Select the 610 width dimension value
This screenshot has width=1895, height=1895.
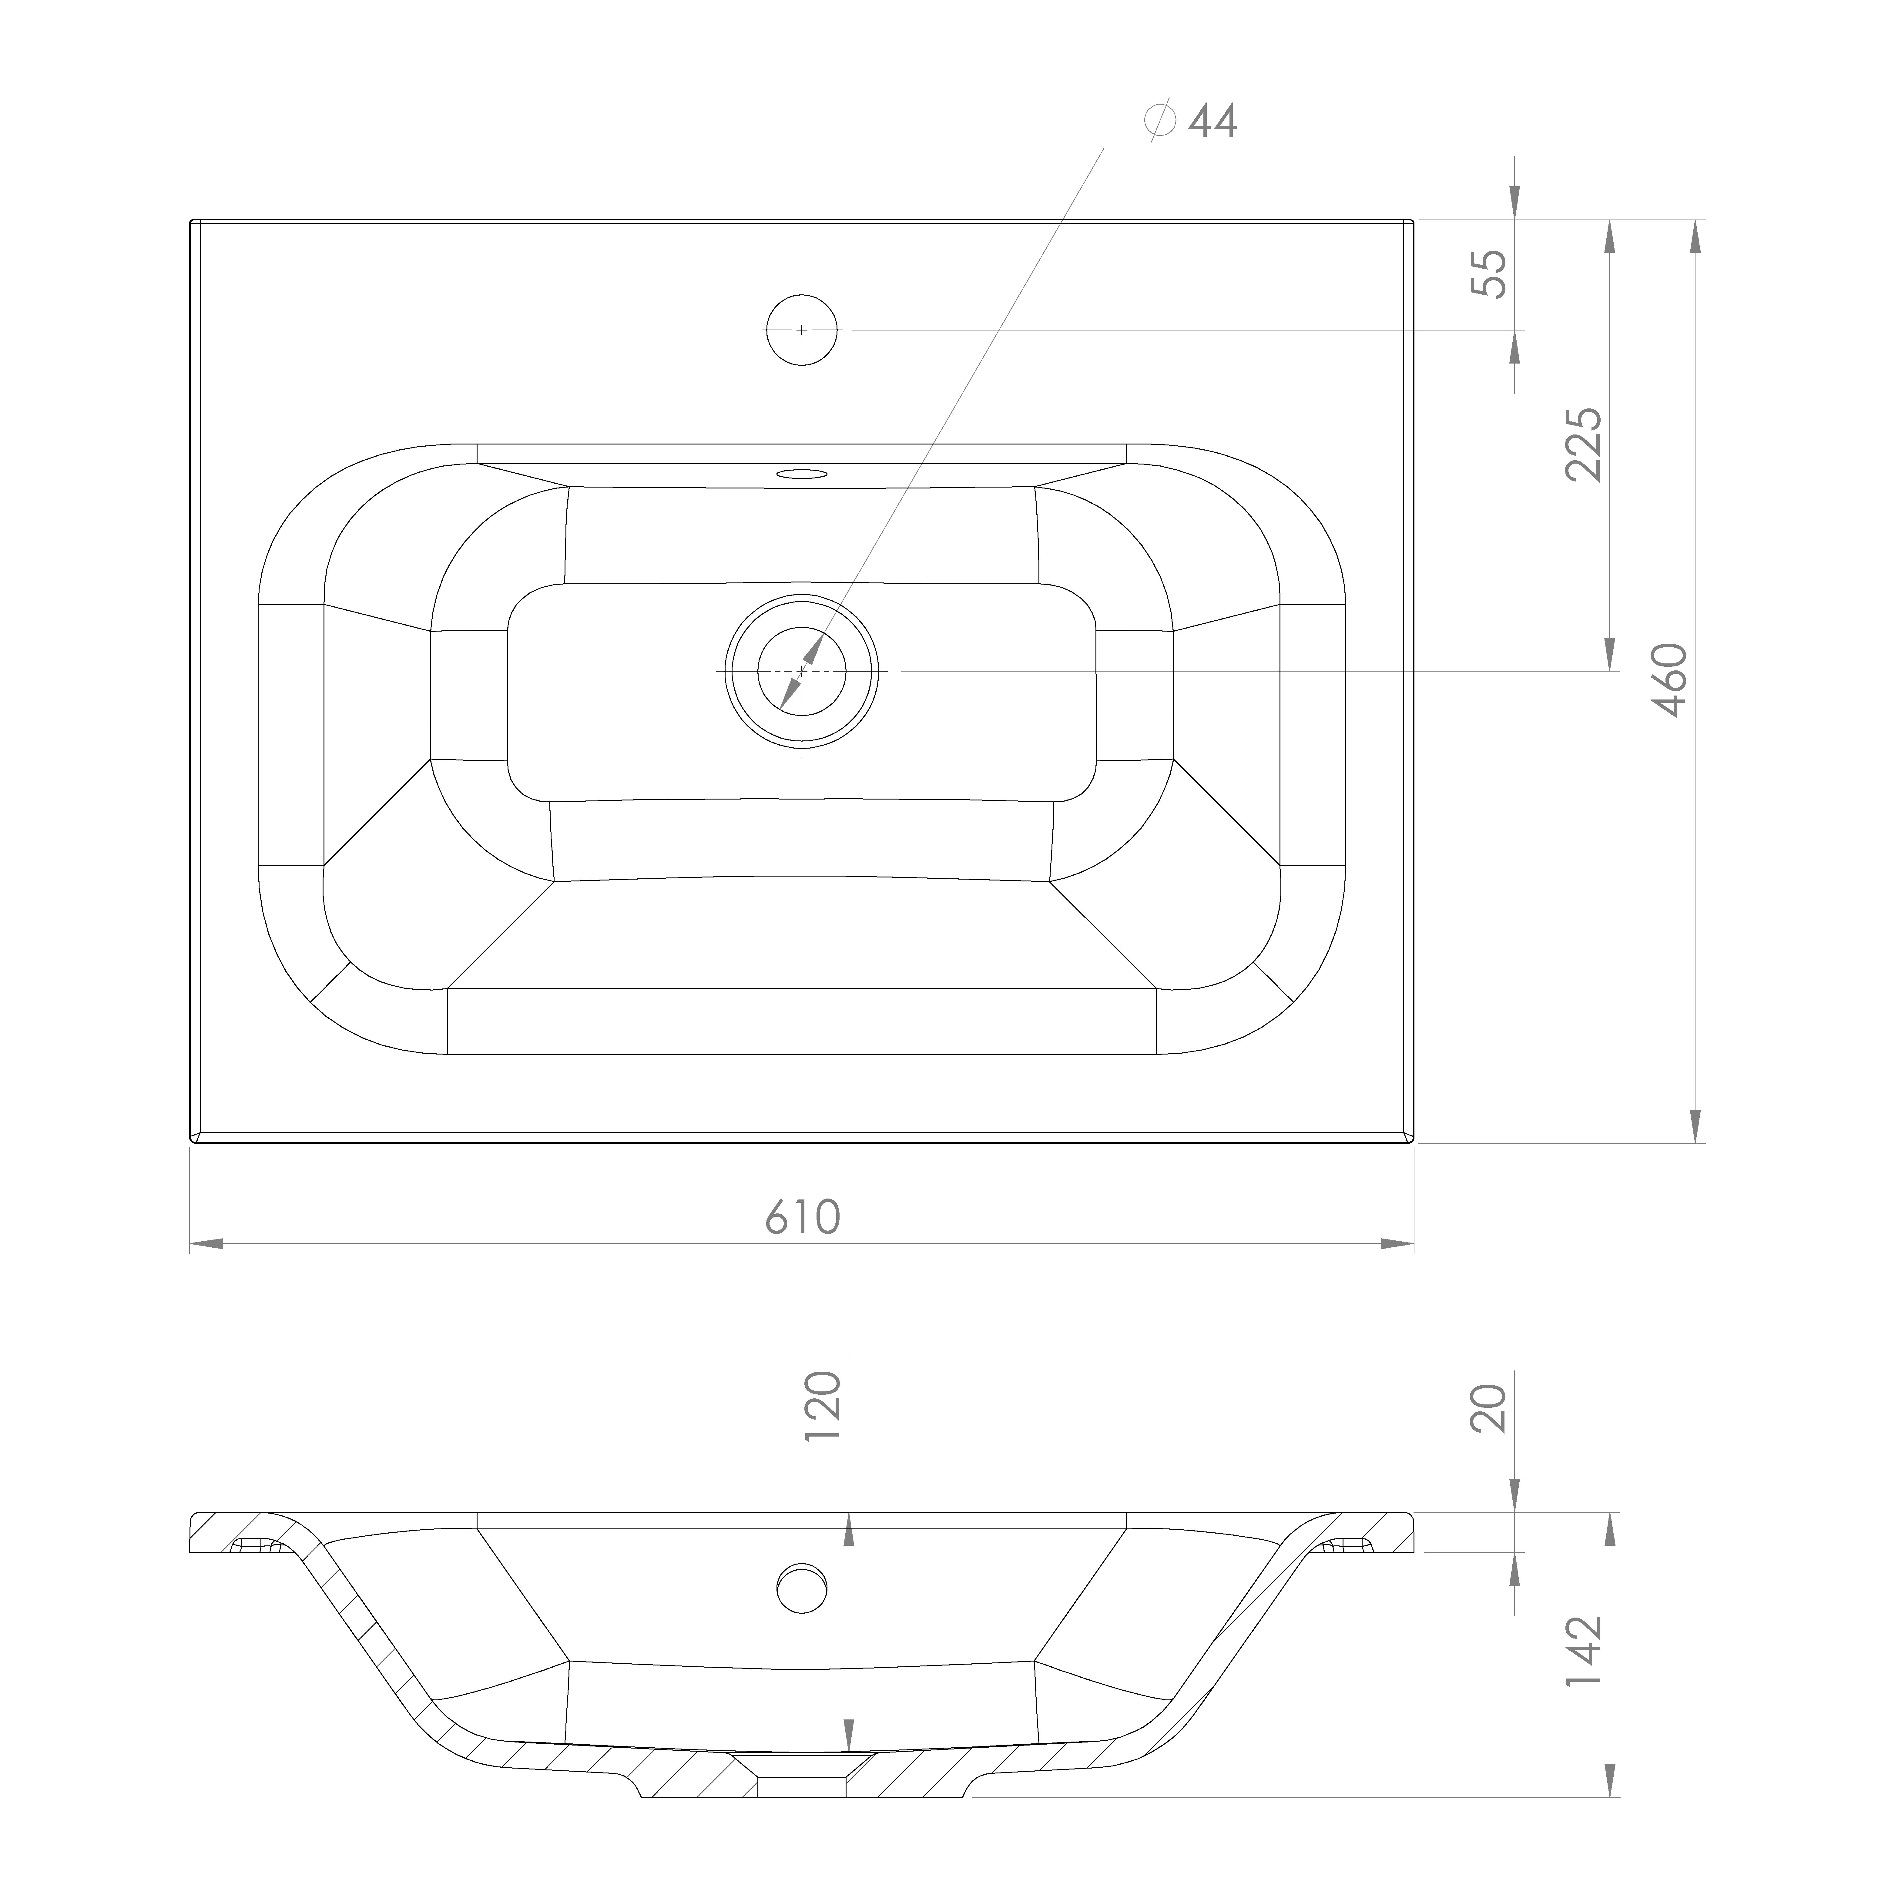tap(802, 1217)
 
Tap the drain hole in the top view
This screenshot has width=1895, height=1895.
tap(802, 671)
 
